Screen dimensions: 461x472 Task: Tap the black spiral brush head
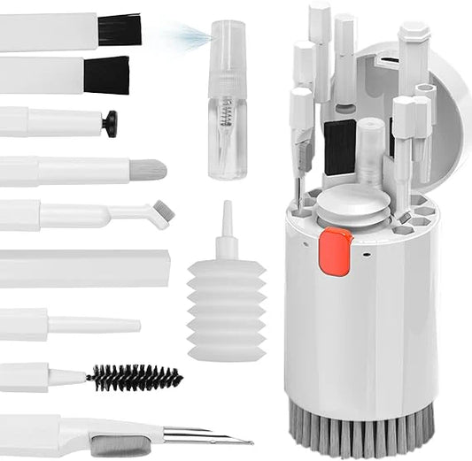pyautogui.click(x=134, y=379)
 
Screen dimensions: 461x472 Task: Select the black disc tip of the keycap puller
pyautogui.click(x=109, y=124)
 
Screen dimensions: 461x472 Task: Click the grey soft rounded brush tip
pyautogui.click(x=147, y=169)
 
